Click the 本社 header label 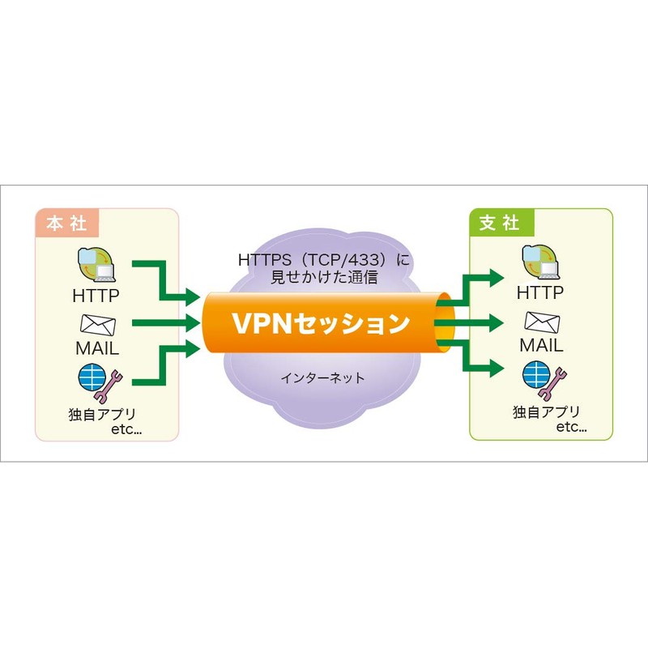click(66, 223)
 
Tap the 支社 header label click(498, 223)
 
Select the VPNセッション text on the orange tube click(321, 323)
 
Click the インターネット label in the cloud click(322, 377)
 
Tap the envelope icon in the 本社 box click(97, 324)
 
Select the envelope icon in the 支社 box click(540, 322)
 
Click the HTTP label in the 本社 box click(96, 293)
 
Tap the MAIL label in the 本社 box click(96, 349)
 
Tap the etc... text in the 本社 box click(126, 430)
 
